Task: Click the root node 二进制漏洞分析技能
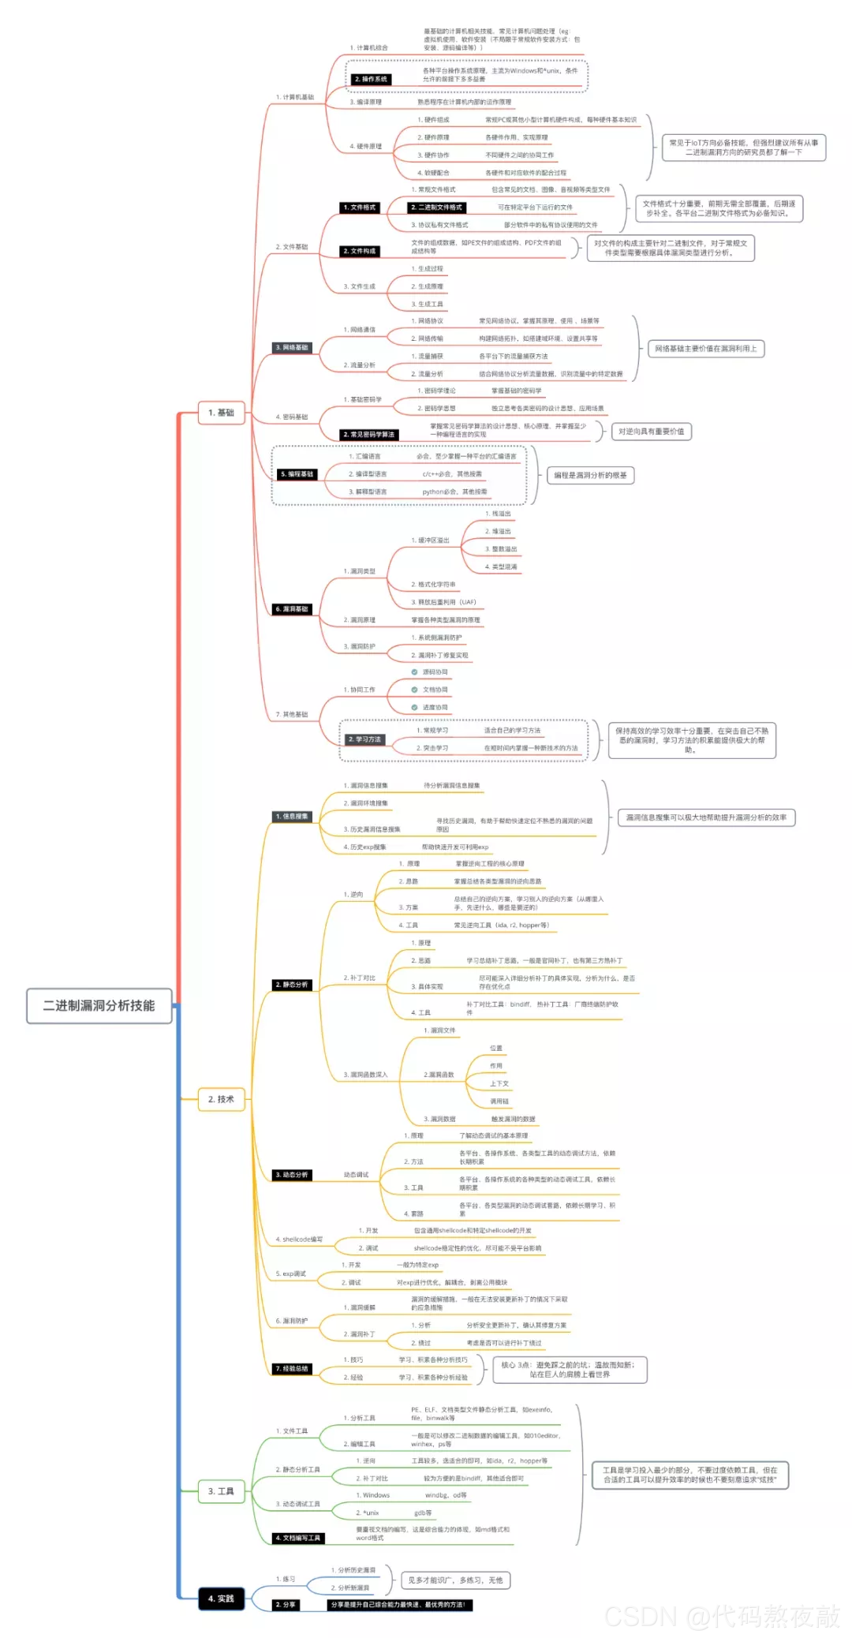click(x=99, y=1005)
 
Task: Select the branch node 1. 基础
click(x=221, y=413)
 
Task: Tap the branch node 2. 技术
click(x=221, y=1099)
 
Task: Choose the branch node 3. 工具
click(x=221, y=1491)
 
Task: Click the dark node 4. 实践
click(x=221, y=1599)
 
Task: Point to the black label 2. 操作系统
click(x=371, y=80)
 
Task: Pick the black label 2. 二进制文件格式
click(x=437, y=208)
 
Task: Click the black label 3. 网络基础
click(x=292, y=348)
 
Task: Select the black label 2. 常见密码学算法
click(x=369, y=435)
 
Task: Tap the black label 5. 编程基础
click(x=297, y=474)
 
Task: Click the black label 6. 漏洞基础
click(x=292, y=609)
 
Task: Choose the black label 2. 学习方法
click(x=364, y=739)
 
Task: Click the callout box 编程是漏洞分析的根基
click(x=590, y=475)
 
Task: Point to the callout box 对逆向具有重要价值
click(x=651, y=432)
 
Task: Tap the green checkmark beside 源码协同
click(x=414, y=672)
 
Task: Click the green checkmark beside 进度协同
click(x=414, y=707)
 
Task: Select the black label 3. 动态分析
click(x=292, y=1175)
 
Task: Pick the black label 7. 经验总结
click(x=292, y=1368)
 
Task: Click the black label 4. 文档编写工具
click(x=298, y=1538)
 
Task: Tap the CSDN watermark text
click(x=722, y=1616)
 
